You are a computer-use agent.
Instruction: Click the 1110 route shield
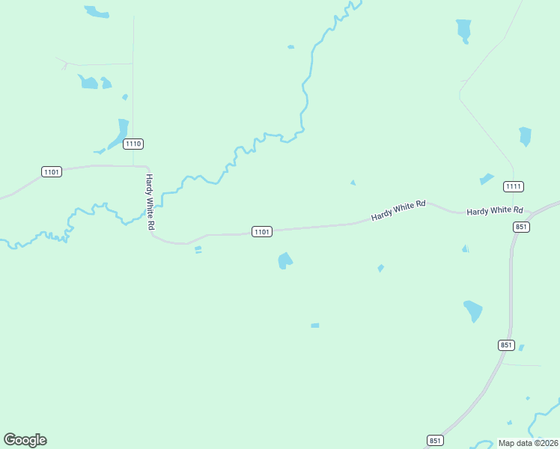(133, 144)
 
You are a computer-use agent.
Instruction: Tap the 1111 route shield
(513, 186)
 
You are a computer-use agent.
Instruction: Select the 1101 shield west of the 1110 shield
(52, 172)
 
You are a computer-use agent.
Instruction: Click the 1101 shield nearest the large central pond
(261, 232)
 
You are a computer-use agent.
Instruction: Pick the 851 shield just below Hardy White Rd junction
(522, 227)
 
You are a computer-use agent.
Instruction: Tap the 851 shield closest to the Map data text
(436, 440)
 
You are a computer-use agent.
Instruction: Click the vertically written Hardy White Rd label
(150, 202)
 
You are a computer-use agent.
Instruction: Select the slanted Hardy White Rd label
(398, 210)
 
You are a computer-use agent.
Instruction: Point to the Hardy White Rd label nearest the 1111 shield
(494, 212)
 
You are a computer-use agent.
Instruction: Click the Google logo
(25, 440)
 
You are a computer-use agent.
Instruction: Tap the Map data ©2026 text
(528, 443)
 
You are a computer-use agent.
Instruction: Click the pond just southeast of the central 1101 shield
(284, 260)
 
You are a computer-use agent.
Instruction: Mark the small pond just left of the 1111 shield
(487, 179)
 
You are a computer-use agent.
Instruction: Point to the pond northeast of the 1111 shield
(525, 136)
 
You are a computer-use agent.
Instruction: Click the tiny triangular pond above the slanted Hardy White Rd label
(353, 183)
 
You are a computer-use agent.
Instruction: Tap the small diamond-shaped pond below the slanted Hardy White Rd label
(381, 268)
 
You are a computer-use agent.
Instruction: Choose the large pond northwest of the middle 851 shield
(473, 310)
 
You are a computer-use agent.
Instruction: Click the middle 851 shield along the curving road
(506, 345)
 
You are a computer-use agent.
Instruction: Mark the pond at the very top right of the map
(464, 30)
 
